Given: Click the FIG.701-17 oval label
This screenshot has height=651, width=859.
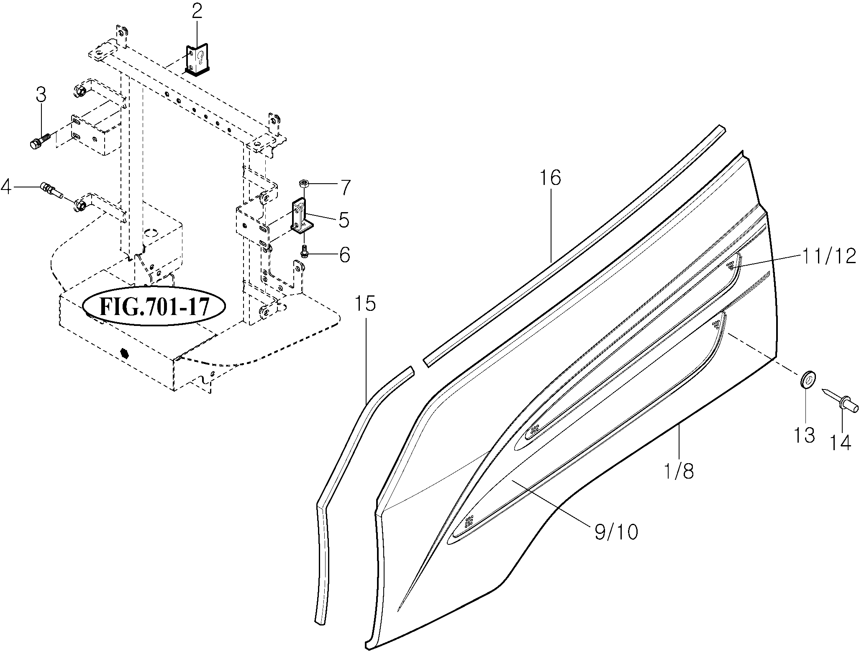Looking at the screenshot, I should (154, 307).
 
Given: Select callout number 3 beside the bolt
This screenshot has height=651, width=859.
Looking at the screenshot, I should (41, 95).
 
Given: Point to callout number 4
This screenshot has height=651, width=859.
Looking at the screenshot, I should (6, 186).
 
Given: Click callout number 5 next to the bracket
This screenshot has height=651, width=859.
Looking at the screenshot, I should (344, 220).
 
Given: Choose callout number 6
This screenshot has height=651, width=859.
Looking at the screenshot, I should (344, 255).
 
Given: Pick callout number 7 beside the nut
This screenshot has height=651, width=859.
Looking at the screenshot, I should (344, 187).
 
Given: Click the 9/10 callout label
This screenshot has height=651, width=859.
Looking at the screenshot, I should (616, 533).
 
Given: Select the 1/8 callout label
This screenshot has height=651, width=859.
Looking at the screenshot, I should (679, 471).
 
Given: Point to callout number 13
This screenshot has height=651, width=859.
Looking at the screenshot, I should (805, 435).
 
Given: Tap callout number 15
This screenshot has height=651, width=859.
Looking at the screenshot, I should (365, 304).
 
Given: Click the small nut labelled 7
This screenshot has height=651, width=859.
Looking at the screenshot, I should (304, 183).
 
